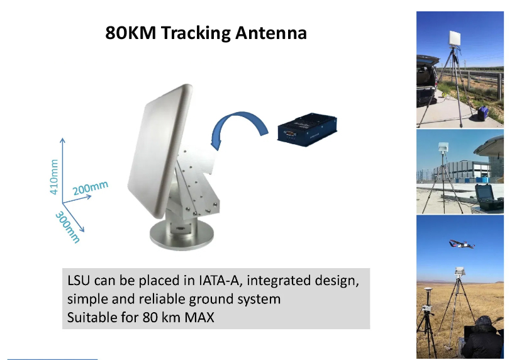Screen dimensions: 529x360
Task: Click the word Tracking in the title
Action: point(196,34)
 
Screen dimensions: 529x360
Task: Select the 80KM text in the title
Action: point(131,33)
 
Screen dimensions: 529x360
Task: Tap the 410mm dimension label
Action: point(54,177)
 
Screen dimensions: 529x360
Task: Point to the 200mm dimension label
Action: point(91,188)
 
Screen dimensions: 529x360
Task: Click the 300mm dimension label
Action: point(68,227)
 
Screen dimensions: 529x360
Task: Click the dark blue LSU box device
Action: point(307,130)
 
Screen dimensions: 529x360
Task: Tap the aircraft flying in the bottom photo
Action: point(461,244)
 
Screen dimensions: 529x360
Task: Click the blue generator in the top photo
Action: point(483,113)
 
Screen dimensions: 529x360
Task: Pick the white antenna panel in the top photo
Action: point(454,38)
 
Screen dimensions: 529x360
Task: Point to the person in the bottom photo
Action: point(482,338)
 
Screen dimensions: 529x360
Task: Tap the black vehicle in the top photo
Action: point(428,81)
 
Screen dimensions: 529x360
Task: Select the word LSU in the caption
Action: point(79,281)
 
